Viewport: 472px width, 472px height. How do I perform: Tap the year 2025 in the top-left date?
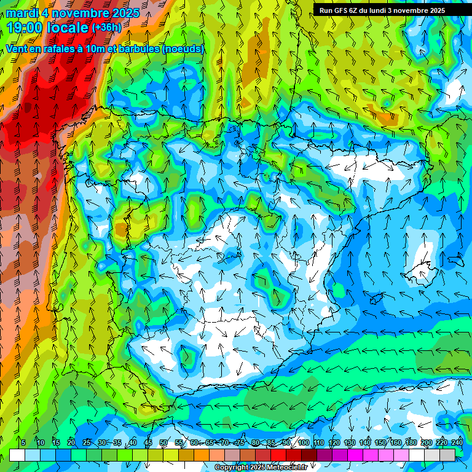coord(124,13)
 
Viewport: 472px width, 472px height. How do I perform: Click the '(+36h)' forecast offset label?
coord(106,28)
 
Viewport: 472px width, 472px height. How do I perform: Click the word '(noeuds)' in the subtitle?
coord(183,49)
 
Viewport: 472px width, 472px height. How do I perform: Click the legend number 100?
coord(303,442)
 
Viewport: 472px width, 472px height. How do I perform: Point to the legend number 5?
coord(23,442)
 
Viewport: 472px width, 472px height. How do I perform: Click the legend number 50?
coord(163,442)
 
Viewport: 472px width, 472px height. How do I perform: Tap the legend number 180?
coord(410,442)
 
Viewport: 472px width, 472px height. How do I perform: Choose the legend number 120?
coord(334,442)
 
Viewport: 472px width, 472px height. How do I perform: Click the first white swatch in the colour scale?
coord(17,455)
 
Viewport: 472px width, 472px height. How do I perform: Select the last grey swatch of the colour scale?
coord(449,455)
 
